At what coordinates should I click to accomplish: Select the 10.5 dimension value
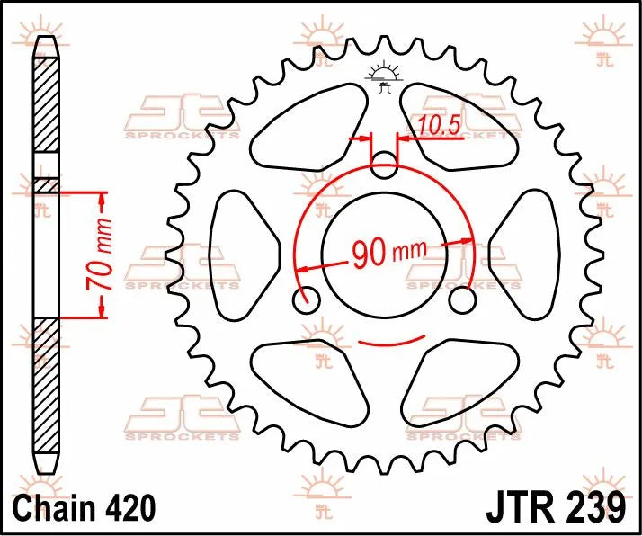439,127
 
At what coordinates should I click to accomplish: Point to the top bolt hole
385,165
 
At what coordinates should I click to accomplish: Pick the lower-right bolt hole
463,299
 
